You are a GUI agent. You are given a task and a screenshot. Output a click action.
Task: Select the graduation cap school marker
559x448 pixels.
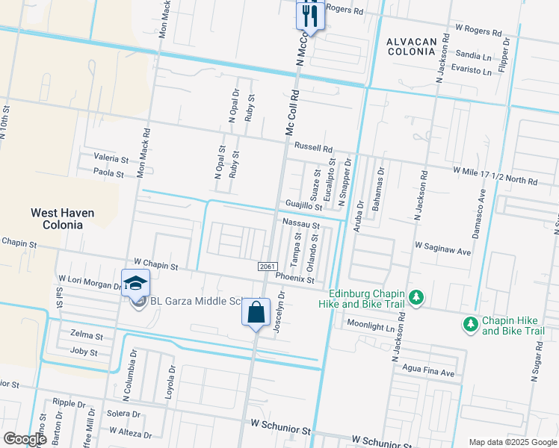pos(135,283)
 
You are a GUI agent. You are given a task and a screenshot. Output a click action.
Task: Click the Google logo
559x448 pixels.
pos(25,439)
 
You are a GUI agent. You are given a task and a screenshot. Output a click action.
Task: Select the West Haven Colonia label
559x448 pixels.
pos(62,219)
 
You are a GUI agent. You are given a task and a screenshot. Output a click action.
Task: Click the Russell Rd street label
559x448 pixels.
pos(313,148)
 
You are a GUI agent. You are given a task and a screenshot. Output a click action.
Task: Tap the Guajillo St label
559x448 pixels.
pos(303,205)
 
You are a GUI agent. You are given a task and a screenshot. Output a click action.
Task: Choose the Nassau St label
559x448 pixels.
pos(301,224)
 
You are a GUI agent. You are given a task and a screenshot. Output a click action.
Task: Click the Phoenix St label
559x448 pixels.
pos(294,279)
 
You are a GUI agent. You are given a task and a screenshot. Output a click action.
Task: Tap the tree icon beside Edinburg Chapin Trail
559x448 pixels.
pos(417,298)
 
